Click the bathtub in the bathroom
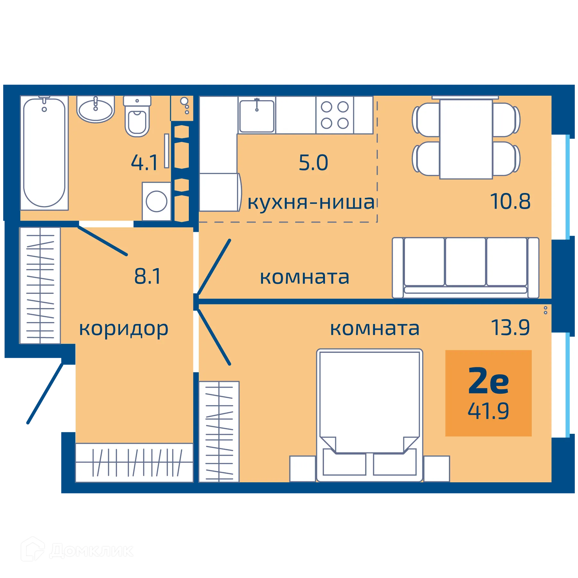[44, 153]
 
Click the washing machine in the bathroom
[156, 201]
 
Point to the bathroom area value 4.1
[144, 162]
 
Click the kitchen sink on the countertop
[257, 116]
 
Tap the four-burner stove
[335, 115]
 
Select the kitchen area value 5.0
[313, 163]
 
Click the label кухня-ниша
[311, 203]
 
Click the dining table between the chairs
[466, 139]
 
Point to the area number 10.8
[510, 202]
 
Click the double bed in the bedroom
[369, 414]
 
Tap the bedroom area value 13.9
[510, 328]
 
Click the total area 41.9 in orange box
[488, 411]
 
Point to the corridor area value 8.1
[147, 276]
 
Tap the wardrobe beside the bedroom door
[219, 431]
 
